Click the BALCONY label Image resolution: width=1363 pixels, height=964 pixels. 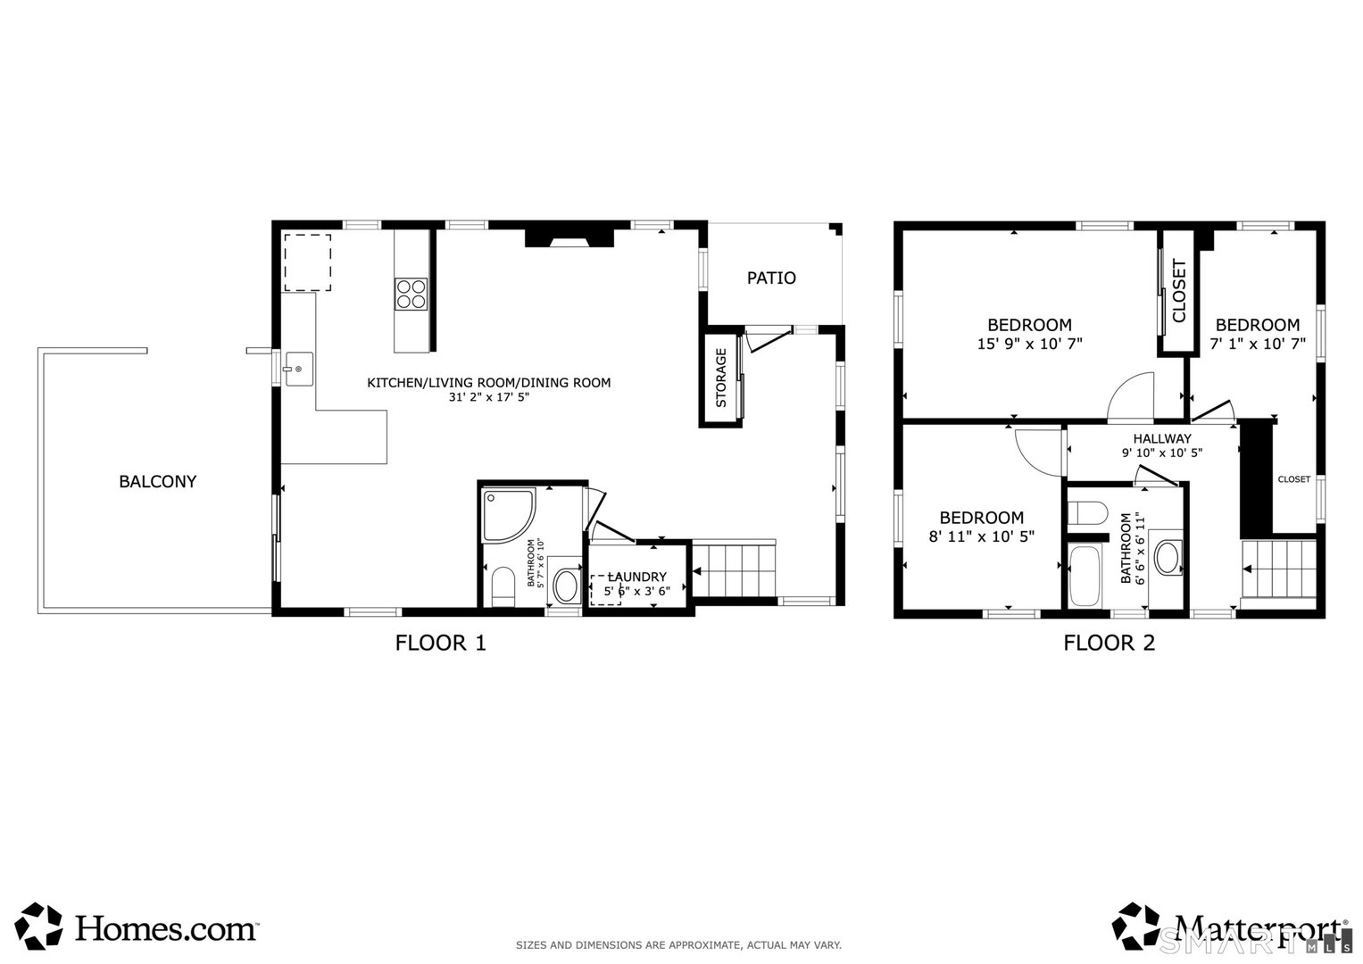point(157,481)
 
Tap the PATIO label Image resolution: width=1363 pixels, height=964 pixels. point(771,278)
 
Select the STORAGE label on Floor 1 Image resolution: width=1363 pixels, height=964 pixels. point(721,378)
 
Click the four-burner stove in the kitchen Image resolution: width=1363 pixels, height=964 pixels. point(411,294)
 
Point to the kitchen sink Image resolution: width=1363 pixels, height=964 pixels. point(298,369)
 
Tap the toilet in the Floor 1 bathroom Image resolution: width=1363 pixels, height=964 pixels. point(503,586)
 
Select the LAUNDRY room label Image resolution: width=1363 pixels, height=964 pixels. point(637,577)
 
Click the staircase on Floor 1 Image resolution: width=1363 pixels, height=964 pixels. point(734,571)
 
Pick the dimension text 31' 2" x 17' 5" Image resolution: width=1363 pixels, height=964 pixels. point(489,398)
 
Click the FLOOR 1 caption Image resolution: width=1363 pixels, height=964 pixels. point(440,643)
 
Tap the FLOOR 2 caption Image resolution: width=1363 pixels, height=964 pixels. point(1109,643)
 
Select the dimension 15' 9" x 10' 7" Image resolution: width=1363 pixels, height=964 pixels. point(1029,344)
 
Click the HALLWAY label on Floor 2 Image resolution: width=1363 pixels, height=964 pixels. point(1161,438)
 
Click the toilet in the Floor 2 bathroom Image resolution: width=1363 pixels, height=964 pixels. point(1087,513)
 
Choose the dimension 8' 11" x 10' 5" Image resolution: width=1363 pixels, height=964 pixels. point(981,536)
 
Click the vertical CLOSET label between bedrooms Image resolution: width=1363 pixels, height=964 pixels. point(1178,291)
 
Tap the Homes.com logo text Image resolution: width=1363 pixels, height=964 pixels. point(166,928)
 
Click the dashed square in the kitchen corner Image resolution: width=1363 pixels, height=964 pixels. point(308,262)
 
